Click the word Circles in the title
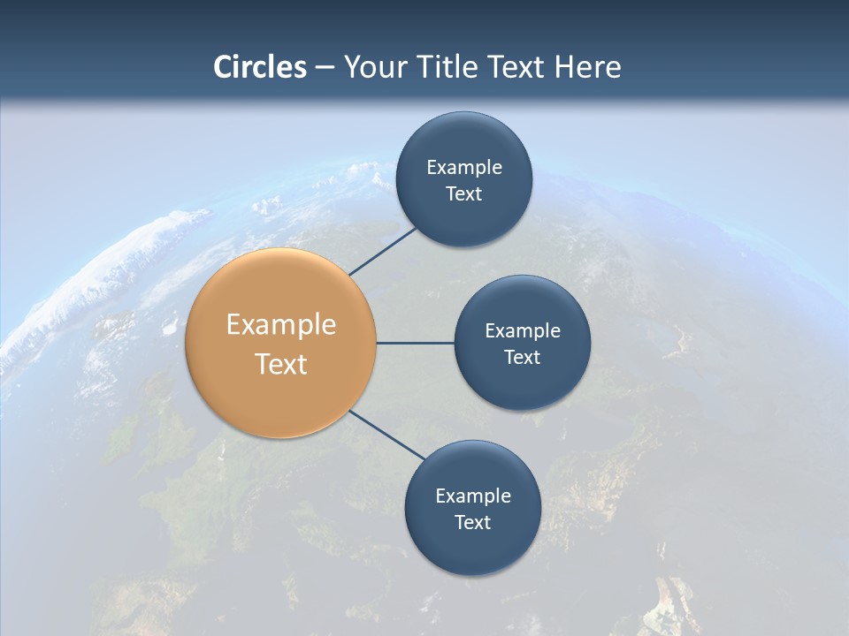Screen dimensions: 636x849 [260, 67]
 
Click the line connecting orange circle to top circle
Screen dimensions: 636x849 [383, 252]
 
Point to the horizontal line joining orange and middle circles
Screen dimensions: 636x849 [416, 343]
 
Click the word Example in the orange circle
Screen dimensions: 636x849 [281, 325]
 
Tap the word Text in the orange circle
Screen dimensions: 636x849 [281, 364]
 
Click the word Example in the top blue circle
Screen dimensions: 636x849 [464, 168]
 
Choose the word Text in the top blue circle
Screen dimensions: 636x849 [463, 194]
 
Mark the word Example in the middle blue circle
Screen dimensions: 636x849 [523, 331]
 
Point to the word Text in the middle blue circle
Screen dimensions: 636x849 [522, 357]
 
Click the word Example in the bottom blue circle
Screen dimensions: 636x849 [473, 496]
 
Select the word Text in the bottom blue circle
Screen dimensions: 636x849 [472, 522]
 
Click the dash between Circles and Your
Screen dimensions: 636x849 [325, 68]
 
